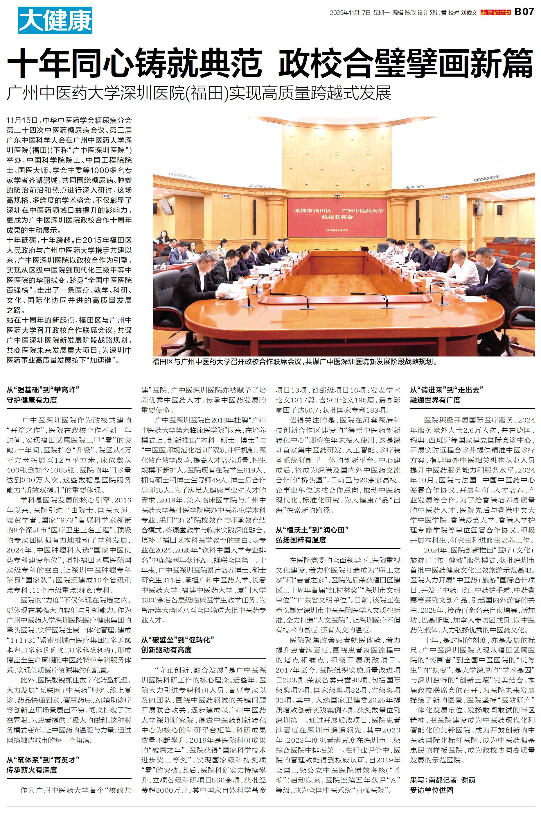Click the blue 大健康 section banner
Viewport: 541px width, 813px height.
(55, 20)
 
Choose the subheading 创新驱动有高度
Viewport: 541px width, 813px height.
(166, 650)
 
